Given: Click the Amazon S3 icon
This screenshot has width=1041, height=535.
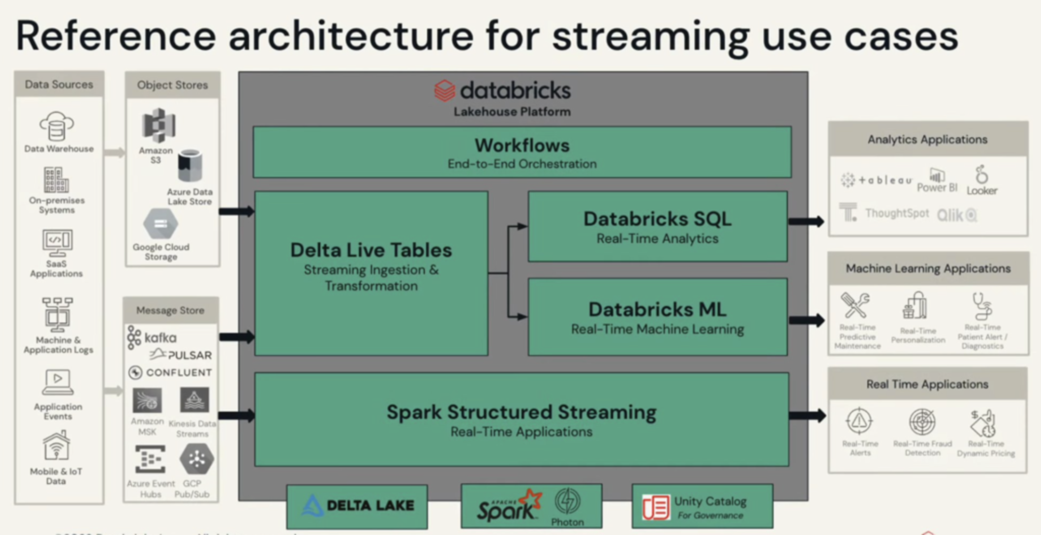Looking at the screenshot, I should click(159, 125).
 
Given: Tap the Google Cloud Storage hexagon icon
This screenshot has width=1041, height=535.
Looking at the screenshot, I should click(161, 224).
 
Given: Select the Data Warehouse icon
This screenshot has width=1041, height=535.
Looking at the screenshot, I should click(56, 126).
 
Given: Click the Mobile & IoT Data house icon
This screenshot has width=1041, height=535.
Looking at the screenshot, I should click(56, 445).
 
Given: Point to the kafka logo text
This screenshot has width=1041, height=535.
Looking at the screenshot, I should click(160, 338).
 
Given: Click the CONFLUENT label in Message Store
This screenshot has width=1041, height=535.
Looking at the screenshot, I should click(179, 372).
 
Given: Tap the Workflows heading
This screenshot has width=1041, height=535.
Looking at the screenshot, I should click(522, 145).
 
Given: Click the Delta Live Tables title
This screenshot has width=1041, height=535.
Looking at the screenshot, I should click(371, 250).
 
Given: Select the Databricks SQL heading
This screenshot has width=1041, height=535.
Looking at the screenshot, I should click(657, 219).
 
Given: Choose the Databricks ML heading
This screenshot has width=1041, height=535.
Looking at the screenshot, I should click(657, 309).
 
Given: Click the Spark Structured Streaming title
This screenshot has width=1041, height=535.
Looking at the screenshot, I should click(522, 412).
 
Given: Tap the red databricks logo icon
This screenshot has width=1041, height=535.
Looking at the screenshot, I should click(444, 91).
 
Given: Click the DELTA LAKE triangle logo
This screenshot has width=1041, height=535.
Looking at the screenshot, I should click(312, 506).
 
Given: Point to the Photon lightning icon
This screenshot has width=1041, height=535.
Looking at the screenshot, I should click(567, 501).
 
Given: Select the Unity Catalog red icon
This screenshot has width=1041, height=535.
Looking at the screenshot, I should click(656, 507).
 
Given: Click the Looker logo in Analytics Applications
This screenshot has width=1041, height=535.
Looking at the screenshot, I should click(982, 175).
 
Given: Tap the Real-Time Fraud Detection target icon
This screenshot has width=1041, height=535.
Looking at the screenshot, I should click(922, 422).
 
